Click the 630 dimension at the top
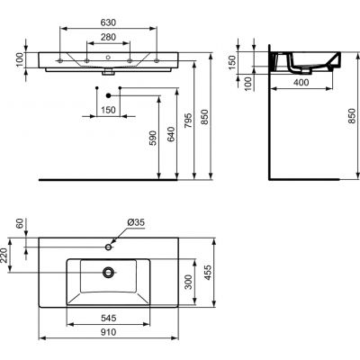[109, 24]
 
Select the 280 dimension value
[109, 39]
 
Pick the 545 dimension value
[107, 318]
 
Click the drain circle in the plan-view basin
[109, 270]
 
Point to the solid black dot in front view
[107, 94]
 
